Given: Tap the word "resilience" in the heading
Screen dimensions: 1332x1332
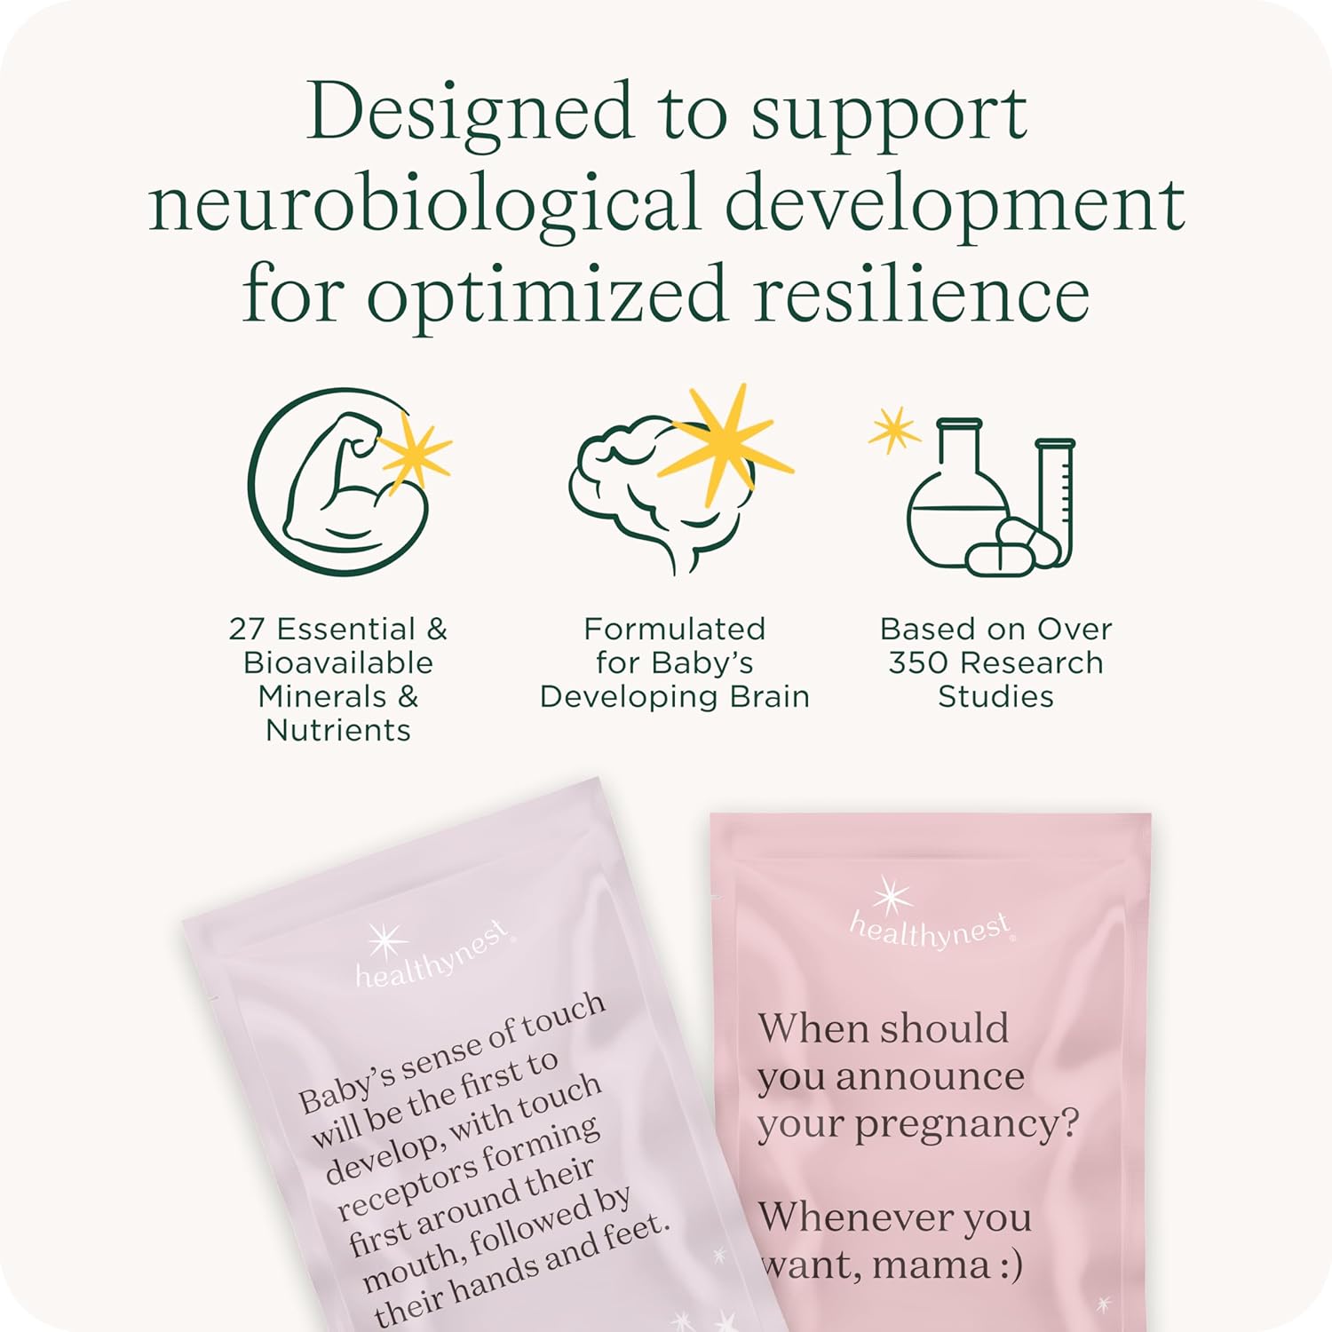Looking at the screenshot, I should [x=921, y=294].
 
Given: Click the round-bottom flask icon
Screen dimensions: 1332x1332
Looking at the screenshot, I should [x=957, y=506].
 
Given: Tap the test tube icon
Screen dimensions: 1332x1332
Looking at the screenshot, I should [x=1056, y=497].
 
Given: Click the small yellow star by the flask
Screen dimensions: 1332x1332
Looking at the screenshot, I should [x=893, y=430].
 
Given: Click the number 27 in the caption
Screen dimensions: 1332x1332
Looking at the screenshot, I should [x=248, y=629].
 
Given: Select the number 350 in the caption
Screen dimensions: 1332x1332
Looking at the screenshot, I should [x=920, y=662].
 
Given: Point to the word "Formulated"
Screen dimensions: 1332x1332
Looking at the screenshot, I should [x=674, y=629].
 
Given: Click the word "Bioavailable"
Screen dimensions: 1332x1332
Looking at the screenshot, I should [x=338, y=662].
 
